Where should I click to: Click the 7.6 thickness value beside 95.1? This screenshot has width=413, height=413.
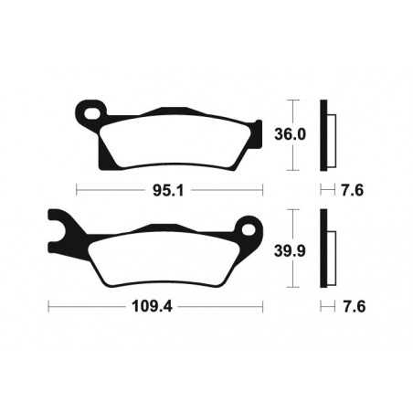(x=353, y=191)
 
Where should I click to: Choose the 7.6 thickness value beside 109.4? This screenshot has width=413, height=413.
(x=353, y=307)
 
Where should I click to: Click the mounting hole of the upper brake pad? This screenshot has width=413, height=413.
(x=89, y=114)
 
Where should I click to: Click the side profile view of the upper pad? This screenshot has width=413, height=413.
(x=325, y=134)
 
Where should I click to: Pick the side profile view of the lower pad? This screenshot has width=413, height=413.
(x=325, y=249)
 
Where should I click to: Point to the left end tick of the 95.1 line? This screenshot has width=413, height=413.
(x=77, y=191)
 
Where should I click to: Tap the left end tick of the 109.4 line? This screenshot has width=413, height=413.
(x=48, y=307)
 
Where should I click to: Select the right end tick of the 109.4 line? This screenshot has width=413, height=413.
(x=263, y=307)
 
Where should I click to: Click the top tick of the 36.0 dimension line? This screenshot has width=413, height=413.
(x=291, y=99)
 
